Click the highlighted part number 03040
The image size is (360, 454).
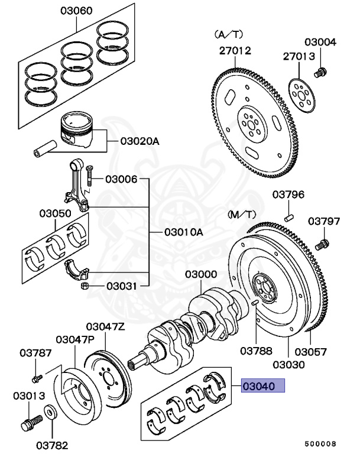click(262, 387)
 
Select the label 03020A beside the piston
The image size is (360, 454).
click(140, 141)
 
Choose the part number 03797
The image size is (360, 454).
click(324, 221)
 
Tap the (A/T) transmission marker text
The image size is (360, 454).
click(226, 34)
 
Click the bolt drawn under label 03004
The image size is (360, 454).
click(321, 73)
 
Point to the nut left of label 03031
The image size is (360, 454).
click(85, 287)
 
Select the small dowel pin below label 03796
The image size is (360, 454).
click(289, 216)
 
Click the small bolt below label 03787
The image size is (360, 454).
click(37, 375)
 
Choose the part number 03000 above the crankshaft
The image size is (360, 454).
click(200, 275)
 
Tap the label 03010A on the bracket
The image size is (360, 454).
click(183, 232)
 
